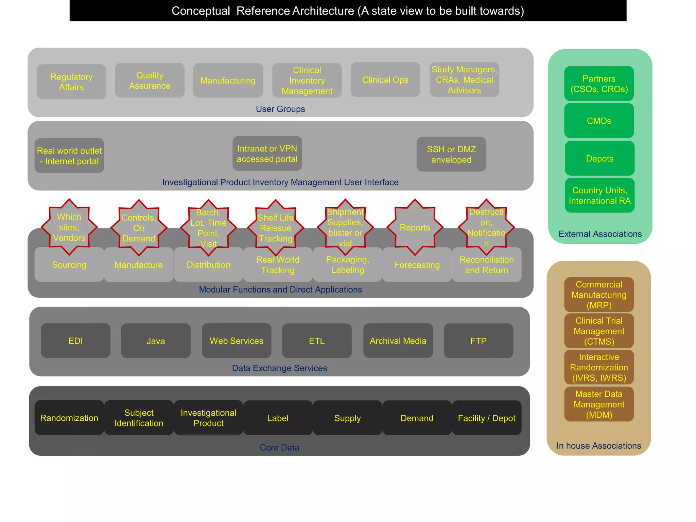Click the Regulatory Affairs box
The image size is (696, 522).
point(71,82)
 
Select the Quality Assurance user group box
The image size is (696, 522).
point(150,81)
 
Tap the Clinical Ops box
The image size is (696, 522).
point(385,80)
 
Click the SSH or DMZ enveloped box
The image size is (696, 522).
point(451,154)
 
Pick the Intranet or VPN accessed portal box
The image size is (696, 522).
point(267,154)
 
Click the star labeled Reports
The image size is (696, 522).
point(415,227)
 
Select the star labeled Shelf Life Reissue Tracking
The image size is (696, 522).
point(276,228)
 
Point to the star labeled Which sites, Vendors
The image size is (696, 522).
point(69,227)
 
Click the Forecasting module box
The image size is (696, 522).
point(417,265)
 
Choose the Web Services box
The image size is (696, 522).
point(237,341)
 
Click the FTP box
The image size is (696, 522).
point(478,341)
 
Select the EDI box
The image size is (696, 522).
point(75,341)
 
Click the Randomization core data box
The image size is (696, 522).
point(69,418)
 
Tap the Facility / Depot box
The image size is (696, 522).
point(486,418)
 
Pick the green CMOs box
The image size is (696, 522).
point(599,121)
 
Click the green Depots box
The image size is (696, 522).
point(599,159)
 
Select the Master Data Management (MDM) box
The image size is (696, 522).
point(599,404)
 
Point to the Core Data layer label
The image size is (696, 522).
point(279,448)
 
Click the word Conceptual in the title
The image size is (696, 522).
point(201,11)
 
